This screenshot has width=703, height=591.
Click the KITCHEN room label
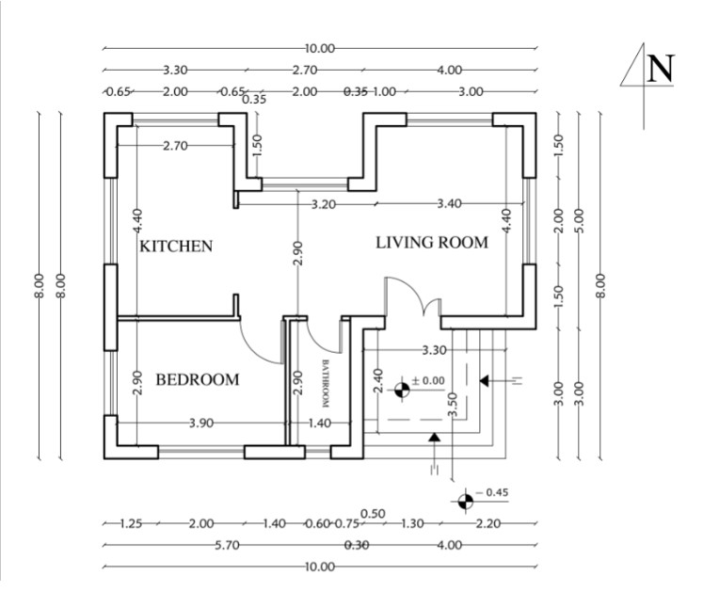tap(176, 247)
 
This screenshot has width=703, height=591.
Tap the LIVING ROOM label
tap(432, 243)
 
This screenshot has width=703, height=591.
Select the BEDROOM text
tap(197, 380)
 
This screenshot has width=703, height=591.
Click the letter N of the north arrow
tap(662, 68)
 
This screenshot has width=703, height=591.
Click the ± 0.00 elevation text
tap(428, 380)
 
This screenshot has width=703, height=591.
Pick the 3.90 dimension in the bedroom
tap(201, 423)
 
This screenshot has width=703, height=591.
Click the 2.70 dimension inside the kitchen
tap(177, 146)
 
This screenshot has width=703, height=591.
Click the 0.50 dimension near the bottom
tap(373, 513)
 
